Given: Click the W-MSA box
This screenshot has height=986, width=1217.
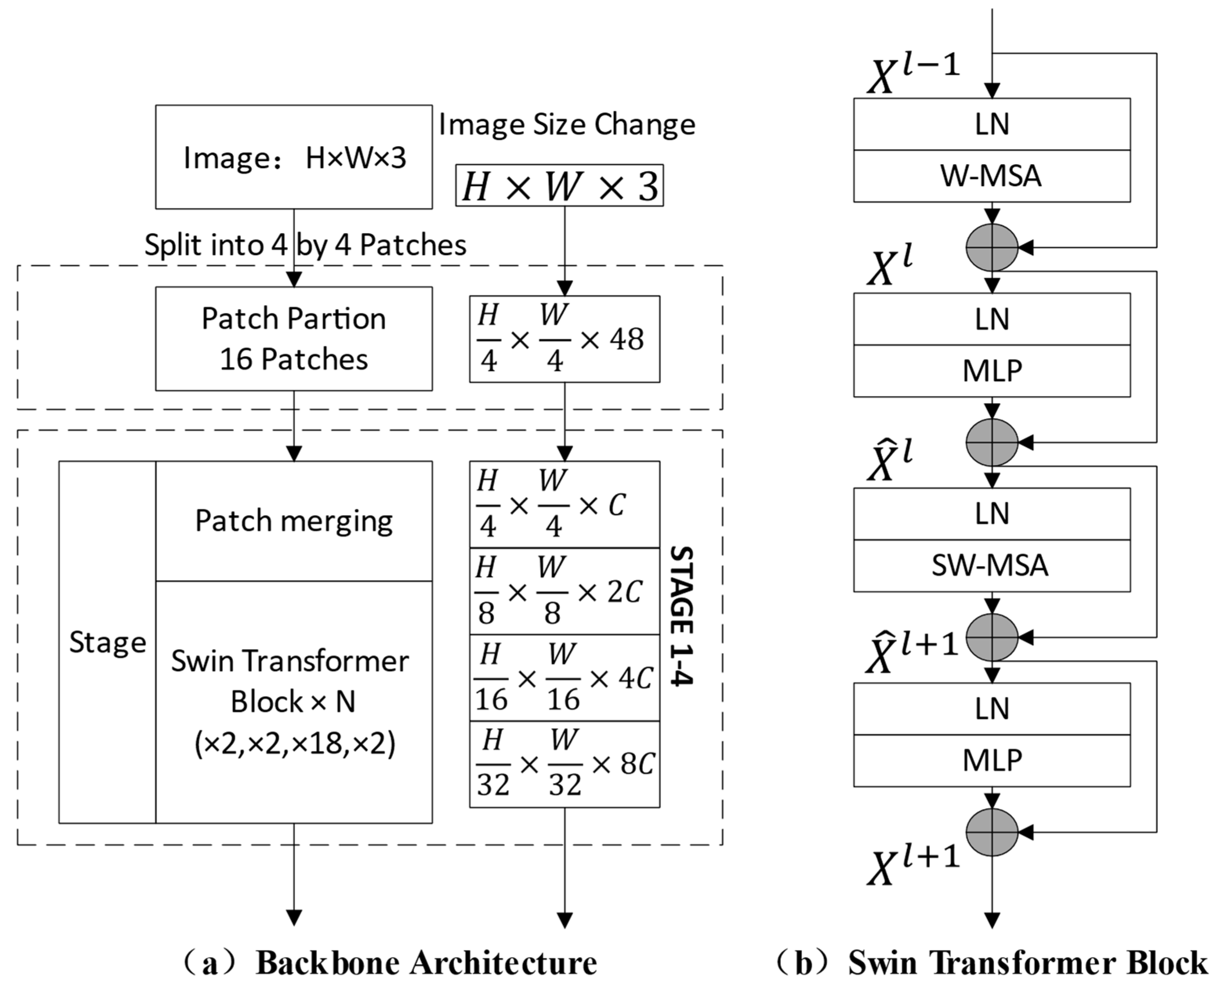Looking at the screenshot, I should coord(991,176).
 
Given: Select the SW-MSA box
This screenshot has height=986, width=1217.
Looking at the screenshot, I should coord(991,566).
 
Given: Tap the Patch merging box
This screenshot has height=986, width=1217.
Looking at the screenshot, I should coord(294,521).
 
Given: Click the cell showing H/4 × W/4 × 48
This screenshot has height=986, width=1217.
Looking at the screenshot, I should coord(564,339).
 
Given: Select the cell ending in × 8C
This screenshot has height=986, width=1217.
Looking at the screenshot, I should coord(564,765).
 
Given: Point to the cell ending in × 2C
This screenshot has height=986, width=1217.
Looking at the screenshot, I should coord(564,591).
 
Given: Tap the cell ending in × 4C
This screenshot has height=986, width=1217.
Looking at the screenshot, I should coord(564,678).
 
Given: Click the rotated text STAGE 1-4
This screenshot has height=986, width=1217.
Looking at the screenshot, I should coord(682,616).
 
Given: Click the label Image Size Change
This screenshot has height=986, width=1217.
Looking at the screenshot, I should coord(567,125).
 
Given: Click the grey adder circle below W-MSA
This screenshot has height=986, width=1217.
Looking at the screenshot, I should coord(991,248).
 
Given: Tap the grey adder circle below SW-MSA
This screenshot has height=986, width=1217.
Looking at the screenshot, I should coord(991,637).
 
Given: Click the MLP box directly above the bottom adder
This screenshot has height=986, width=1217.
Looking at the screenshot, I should coord(991,760).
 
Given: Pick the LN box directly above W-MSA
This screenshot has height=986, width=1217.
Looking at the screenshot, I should coord(991,125).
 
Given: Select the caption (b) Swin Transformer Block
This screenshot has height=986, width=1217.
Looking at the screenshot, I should coord(991,963).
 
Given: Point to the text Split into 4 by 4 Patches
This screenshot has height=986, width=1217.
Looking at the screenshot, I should coord(305,245).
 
